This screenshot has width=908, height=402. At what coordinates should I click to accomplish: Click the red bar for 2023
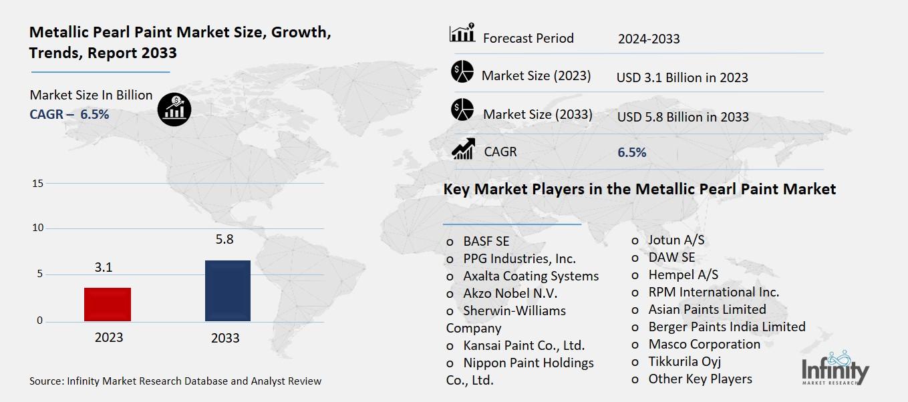click(108, 305)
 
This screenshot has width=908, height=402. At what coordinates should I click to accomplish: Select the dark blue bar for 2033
click(227, 290)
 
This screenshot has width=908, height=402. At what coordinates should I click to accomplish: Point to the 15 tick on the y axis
click(37, 183)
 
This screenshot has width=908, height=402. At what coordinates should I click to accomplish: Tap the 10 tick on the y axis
click(37, 228)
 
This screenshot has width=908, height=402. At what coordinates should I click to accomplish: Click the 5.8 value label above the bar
click(224, 239)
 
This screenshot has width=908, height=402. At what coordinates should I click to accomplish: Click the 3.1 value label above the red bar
click(104, 267)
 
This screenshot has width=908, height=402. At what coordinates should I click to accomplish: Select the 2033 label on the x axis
click(225, 338)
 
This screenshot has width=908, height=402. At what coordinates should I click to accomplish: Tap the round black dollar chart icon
click(174, 108)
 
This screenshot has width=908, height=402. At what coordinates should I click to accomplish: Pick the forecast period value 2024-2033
click(648, 39)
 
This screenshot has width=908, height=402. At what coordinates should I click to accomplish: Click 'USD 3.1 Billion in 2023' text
click(682, 77)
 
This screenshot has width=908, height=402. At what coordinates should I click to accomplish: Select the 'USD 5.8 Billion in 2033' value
click(682, 117)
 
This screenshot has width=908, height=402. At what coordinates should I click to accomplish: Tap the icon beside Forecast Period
click(462, 33)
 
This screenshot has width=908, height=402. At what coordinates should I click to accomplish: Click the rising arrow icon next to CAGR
click(462, 149)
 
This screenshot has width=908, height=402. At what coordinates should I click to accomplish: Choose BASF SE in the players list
click(486, 241)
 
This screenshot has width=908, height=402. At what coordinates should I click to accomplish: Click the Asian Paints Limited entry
click(706, 309)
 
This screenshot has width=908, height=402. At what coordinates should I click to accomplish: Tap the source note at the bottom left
click(175, 381)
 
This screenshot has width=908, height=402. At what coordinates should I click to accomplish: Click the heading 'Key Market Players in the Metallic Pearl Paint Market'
click(639, 189)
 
